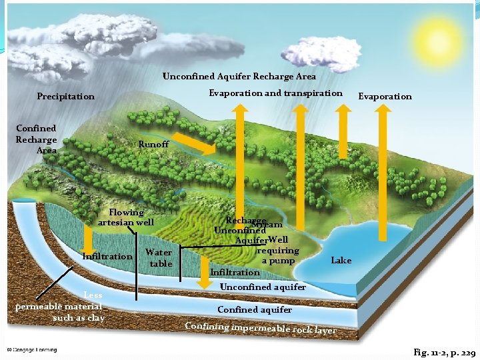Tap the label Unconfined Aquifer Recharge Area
[239, 77]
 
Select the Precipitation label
[65, 97]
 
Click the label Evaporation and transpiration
[275, 93]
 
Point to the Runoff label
[153, 145]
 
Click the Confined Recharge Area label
[36, 139]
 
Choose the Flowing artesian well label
[126, 217]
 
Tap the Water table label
[159, 258]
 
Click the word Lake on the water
[341, 260]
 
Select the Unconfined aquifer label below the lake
[263, 287]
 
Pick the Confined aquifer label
[255, 309]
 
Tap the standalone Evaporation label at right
[385, 97]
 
